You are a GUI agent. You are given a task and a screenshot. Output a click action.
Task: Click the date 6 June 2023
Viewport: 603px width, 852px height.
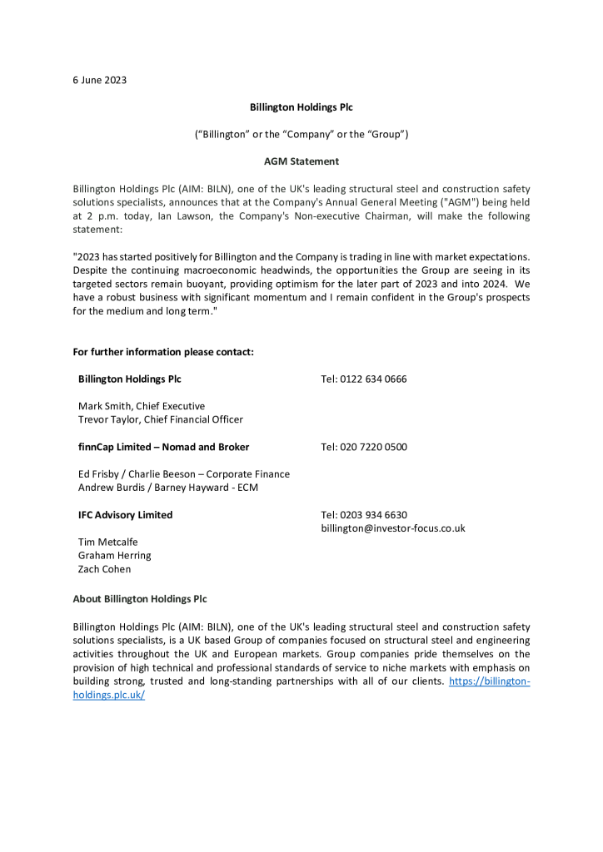[x=99, y=81]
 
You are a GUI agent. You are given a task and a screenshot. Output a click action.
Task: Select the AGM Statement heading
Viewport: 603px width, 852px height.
[x=301, y=161]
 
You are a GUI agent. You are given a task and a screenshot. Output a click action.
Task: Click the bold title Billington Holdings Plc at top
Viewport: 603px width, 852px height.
[x=301, y=107]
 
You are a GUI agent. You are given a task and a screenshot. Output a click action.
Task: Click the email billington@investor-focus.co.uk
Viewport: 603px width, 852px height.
[x=392, y=528]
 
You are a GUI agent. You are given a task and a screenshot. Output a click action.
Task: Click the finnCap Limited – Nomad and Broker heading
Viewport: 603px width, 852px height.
[x=163, y=447]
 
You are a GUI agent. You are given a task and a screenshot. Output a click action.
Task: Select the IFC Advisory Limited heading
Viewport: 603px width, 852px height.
[x=125, y=515]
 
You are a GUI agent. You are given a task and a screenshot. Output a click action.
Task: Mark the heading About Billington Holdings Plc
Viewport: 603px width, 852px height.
[x=140, y=599]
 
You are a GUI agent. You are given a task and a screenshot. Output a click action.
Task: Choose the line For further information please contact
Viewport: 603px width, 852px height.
[x=163, y=352]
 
